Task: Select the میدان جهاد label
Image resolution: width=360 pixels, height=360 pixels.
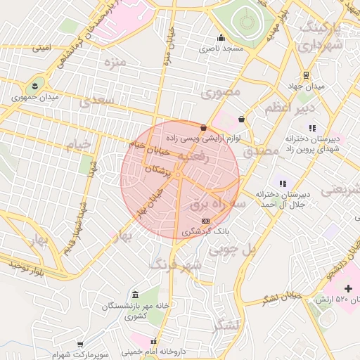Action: pyautogui.click(x=307, y=86)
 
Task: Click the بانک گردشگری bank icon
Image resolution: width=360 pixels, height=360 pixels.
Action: pyautogui.click(x=205, y=221)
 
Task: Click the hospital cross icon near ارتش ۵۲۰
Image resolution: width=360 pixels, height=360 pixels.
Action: pyautogui.click(x=348, y=288)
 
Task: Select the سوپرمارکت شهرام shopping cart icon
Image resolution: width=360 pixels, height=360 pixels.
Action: pyautogui.click(x=82, y=345)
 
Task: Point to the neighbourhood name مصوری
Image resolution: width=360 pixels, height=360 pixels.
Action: pyautogui.click(x=221, y=92)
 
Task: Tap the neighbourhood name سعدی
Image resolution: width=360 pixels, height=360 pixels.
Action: pyautogui.click(x=97, y=101)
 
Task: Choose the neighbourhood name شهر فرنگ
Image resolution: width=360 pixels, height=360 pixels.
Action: pyautogui.click(x=176, y=265)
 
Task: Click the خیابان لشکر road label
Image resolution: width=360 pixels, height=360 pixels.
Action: pyautogui.click(x=282, y=297)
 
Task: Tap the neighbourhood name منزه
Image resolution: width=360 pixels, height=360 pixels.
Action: pyautogui.click(x=112, y=64)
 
